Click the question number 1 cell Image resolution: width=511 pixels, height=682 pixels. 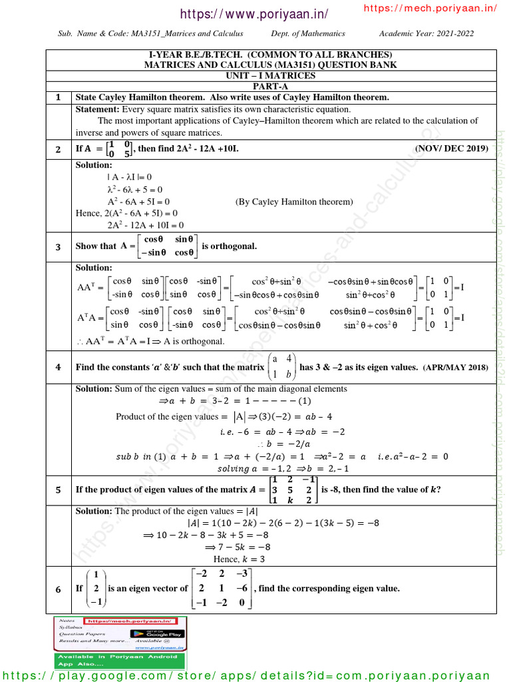tap(59, 98)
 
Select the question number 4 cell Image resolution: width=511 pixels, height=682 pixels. tap(59, 367)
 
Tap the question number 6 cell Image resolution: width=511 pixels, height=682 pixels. tap(59, 589)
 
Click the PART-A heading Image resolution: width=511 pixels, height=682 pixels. tap(270, 87)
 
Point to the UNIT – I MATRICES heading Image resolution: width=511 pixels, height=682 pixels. tap(270, 76)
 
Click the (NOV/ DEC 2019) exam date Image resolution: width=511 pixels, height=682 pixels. tap(452, 149)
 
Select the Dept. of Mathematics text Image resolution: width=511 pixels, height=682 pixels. tap(308, 33)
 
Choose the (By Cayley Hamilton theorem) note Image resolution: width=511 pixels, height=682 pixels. tap(294, 201)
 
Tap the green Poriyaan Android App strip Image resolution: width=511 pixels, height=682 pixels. tap(120, 660)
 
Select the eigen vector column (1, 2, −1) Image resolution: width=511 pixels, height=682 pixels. tap(96, 589)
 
